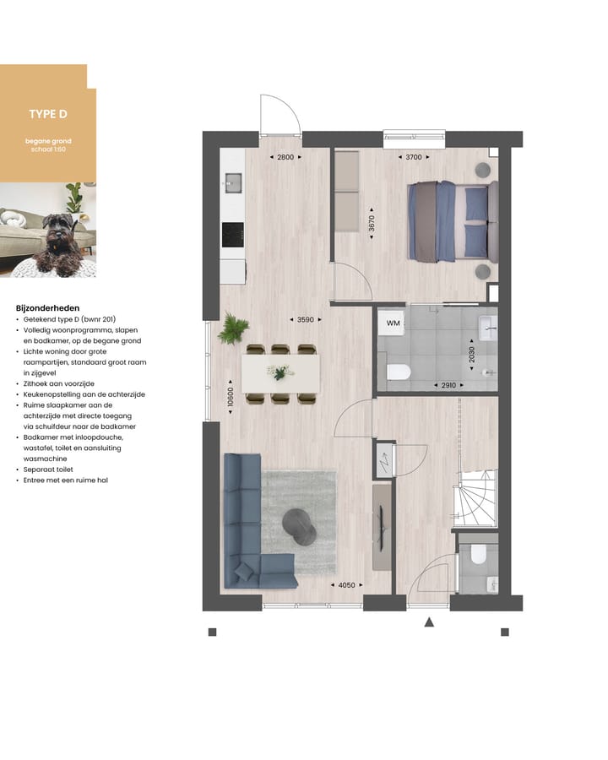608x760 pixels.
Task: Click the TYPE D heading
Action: click(48, 114)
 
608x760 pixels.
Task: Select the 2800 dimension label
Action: click(285, 157)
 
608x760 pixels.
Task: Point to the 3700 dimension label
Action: click(413, 157)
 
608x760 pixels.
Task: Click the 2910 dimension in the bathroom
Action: click(448, 385)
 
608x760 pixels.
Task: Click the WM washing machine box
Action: click(393, 323)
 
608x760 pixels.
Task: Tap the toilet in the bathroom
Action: click(397, 372)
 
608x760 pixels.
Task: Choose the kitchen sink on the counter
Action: click(232, 182)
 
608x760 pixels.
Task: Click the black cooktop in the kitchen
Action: click(232, 235)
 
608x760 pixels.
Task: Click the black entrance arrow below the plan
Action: click(429, 622)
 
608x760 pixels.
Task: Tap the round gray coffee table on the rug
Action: click(299, 525)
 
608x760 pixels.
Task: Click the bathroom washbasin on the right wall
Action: click(487, 327)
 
